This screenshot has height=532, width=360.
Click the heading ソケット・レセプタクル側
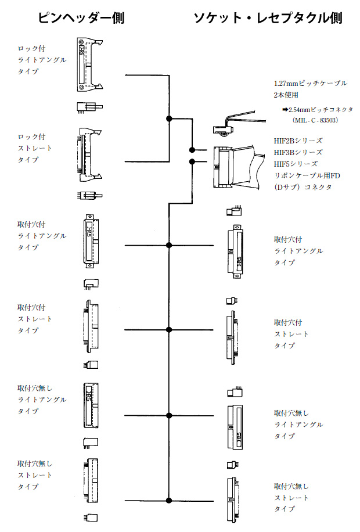point(268,18)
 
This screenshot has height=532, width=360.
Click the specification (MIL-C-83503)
point(316,120)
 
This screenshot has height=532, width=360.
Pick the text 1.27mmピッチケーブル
point(311,83)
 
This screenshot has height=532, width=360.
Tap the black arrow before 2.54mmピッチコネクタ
point(285,109)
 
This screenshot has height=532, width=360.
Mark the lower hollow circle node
point(192,161)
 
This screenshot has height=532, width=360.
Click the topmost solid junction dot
point(169,118)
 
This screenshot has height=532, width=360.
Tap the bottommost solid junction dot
point(169,499)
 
